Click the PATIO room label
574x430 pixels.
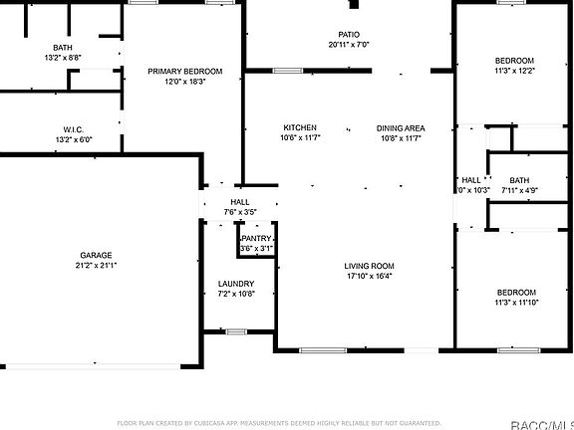point(348,34)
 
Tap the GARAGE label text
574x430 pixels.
point(97,255)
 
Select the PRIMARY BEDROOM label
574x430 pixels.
point(184,72)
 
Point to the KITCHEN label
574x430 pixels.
point(300,127)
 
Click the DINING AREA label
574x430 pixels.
point(401,127)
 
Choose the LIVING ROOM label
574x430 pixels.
point(370,266)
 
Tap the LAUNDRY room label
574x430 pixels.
point(236,284)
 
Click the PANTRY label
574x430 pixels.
point(256,239)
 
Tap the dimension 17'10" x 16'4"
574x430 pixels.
point(370,277)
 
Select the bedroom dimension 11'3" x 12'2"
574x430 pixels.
point(515,71)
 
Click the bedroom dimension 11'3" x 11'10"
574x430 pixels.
point(516,303)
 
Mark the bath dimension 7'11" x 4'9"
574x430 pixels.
point(519,190)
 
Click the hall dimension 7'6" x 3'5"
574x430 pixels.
point(240,212)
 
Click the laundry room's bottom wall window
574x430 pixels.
point(236,331)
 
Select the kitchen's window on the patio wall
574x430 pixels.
point(288,71)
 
